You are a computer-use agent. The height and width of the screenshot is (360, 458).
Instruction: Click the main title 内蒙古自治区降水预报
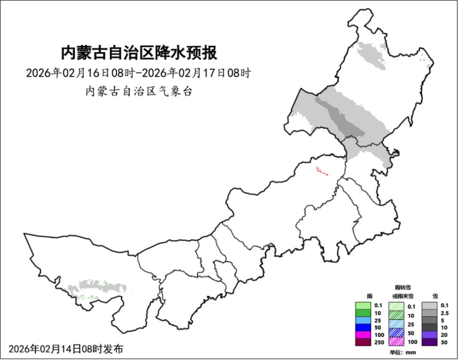pos(138,52)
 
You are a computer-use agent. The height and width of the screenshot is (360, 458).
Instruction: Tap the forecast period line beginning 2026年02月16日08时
pos(138,73)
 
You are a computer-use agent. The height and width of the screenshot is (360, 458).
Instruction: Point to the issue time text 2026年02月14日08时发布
pos(66,349)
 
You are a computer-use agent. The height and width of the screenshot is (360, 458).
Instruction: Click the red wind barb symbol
pos(322,171)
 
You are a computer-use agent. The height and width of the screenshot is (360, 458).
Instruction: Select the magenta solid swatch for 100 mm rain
pos(363,334)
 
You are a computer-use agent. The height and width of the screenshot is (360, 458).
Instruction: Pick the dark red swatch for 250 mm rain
pos(363,341)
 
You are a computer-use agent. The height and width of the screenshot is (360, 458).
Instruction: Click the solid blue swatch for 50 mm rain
pos(363,328)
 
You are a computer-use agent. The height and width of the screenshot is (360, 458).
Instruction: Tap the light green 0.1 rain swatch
pos(363,306)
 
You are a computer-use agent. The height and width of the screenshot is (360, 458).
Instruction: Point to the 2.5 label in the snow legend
pos(445,313)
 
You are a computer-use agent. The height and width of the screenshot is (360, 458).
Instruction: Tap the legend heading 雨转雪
pos(403,288)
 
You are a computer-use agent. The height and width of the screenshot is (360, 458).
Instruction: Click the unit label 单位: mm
pos(403,352)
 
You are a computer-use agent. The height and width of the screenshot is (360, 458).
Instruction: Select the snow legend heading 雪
pos(435,296)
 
